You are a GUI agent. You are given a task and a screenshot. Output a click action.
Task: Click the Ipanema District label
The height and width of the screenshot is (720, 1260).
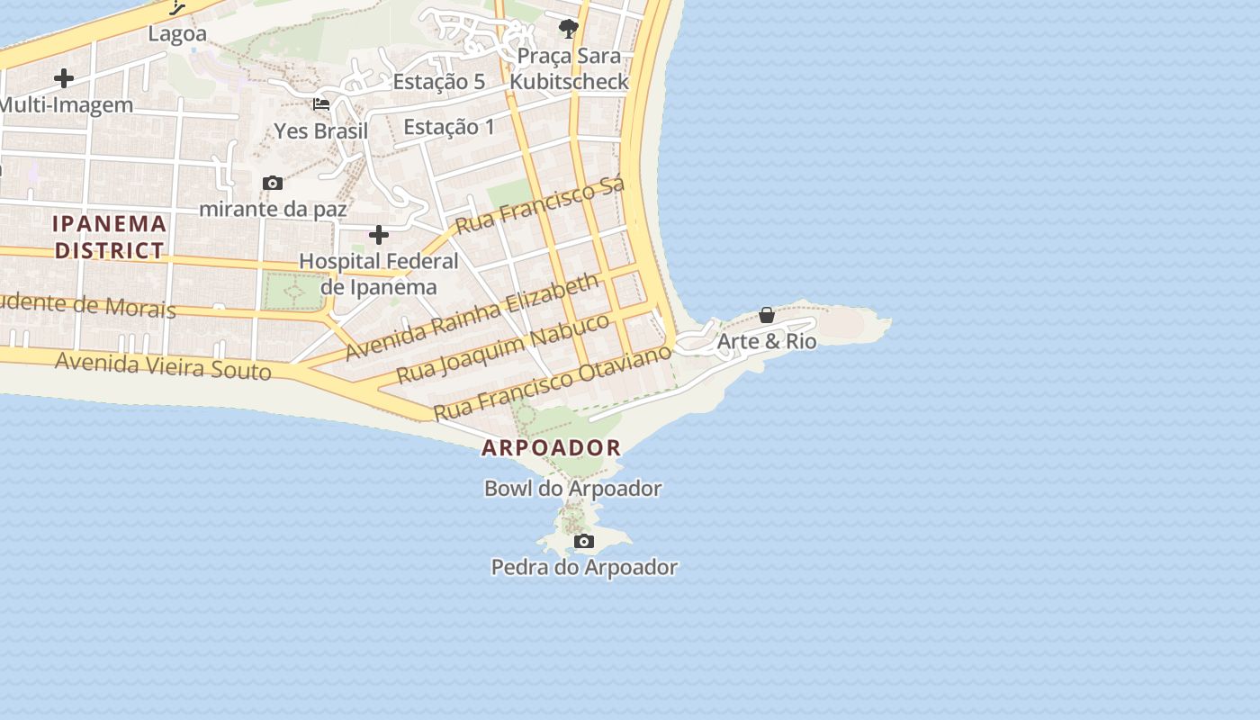(x=110, y=237)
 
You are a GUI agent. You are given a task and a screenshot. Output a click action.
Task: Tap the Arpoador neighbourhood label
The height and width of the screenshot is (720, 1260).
(x=551, y=447)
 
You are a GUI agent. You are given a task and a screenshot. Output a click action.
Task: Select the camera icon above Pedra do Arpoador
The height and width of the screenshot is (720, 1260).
(x=584, y=541)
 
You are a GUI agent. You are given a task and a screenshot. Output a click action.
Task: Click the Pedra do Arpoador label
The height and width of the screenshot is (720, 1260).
(x=584, y=567)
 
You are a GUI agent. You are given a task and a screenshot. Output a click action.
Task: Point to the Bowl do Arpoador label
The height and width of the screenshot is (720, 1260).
(x=572, y=489)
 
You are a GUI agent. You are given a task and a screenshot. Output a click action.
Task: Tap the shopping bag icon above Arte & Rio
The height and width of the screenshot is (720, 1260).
(x=767, y=315)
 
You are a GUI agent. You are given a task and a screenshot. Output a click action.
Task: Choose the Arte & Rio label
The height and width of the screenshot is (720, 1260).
(x=767, y=342)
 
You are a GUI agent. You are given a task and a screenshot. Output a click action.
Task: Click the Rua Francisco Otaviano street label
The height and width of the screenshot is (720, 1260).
(x=553, y=382)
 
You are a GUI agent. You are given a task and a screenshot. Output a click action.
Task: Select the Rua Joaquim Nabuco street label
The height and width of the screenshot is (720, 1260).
(x=503, y=348)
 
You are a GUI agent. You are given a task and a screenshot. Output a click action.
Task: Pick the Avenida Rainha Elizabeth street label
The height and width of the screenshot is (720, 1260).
(x=472, y=316)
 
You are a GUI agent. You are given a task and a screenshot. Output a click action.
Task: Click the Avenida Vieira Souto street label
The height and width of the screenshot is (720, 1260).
(x=163, y=366)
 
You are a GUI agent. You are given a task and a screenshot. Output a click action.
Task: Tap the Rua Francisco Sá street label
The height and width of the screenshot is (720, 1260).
(x=539, y=205)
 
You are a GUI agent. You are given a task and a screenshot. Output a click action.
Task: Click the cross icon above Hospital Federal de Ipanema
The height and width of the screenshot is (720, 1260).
(x=379, y=235)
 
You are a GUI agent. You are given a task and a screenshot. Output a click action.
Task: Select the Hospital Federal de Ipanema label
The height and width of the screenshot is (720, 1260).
(x=379, y=274)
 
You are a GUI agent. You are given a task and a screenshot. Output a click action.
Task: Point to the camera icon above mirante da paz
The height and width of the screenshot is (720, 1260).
(x=273, y=183)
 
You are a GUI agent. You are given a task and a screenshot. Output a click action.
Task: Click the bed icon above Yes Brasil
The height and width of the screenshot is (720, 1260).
(x=321, y=104)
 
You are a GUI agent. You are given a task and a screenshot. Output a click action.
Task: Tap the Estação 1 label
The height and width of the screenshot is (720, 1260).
(x=449, y=127)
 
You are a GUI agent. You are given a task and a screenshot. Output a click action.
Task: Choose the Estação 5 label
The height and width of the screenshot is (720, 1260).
(x=439, y=81)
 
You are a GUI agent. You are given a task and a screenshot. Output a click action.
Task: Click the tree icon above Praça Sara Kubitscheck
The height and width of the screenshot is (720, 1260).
(x=568, y=29)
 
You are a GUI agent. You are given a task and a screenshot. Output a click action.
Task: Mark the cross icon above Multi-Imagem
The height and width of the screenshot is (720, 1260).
(x=64, y=78)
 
